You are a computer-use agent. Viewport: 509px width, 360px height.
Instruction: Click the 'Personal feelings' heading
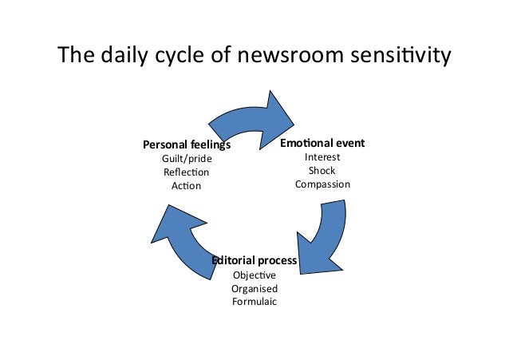coord(187,145)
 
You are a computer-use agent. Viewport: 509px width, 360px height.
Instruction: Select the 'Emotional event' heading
coord(322,144)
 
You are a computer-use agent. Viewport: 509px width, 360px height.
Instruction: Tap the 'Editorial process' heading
coord(254,261)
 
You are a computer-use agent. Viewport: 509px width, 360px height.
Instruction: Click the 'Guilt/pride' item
coord(187,159)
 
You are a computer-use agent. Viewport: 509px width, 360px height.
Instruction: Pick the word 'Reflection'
coord(187,172)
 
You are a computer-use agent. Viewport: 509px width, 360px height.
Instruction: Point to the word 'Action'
coord(187,186)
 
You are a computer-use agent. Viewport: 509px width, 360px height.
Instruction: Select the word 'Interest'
coord(322,157)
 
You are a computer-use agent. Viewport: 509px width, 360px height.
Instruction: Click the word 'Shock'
coord(322,171)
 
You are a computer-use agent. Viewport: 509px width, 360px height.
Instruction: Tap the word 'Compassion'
coord(322,184)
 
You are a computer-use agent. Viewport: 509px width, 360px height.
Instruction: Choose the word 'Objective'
coord(254,275)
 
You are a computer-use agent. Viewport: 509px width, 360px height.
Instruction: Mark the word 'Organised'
coord(254,288)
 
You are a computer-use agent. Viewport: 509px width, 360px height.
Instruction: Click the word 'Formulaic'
coord(254,302)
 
